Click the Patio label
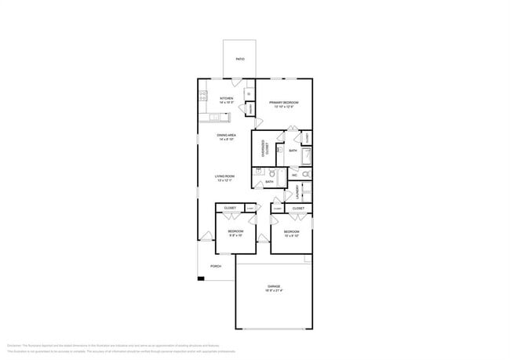pos(239,58)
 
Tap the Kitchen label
pos(227,99)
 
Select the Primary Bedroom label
pos(283,103)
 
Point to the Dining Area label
pos(227,136)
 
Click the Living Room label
pos(226,176)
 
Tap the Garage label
pos(274,286)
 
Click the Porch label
pos(215,266)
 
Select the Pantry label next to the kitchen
pos(250,108)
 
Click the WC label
pos(294,175)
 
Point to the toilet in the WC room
pos(306,175)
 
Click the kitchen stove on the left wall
pos(202,99)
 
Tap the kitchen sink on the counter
pos(217,119)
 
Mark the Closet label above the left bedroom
pos(230,208)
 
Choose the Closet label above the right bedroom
pos(298,208)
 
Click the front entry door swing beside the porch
pos(206,237)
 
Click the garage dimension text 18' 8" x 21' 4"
pos(274,291)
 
